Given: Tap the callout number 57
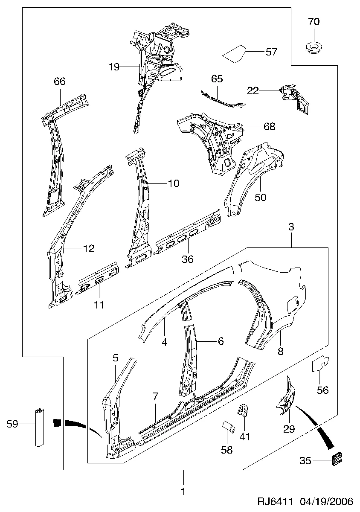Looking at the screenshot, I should (271, 52).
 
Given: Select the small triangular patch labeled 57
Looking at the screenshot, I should (235, 54).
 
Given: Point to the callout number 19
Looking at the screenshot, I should (113, 67).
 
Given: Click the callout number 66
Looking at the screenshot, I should (60, 81).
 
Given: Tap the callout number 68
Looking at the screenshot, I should (270, 126).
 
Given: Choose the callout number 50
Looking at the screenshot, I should (260, 197).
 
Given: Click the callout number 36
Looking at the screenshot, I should (188, 259).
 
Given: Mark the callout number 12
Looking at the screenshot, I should (88, 248).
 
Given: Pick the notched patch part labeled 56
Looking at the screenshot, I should (320, 362).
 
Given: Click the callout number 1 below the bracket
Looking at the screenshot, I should (183, 492).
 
